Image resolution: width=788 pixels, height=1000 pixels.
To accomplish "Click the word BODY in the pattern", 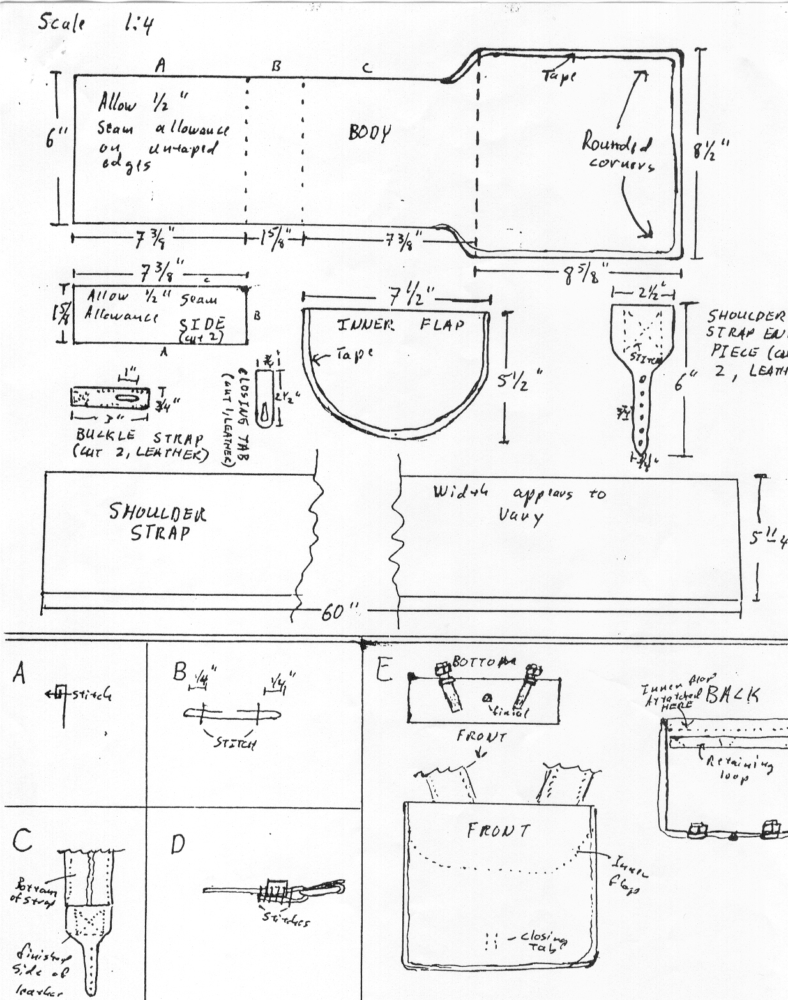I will coord(370,133).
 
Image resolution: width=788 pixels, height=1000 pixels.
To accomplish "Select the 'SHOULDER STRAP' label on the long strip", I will coord(158,523).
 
